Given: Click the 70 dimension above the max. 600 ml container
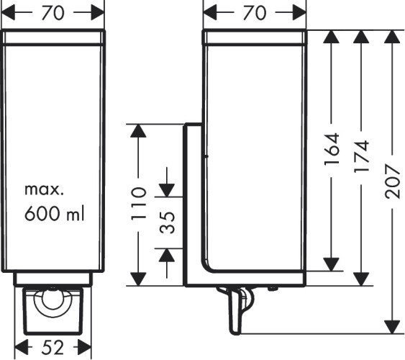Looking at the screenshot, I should point(54,12).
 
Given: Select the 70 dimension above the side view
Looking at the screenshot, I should point(255,12).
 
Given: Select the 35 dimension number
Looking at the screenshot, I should point(168,222).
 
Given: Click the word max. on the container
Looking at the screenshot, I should point(45,191).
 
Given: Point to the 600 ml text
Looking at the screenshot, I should point(54,214).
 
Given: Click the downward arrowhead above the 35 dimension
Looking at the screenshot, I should point(167,188).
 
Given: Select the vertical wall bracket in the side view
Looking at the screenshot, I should point(192,202).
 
